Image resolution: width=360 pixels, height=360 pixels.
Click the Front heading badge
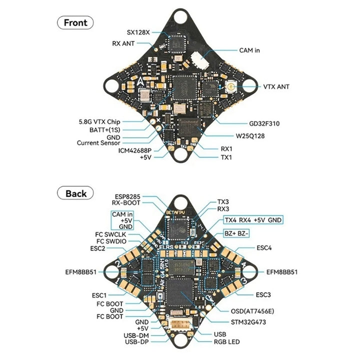click(x=76, y=22)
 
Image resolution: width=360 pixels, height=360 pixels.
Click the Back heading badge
click(x=76, y=193)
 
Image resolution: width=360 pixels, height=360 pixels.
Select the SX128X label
click(x=137, y=32)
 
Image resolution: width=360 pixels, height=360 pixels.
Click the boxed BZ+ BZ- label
click(x=237, y=232)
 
